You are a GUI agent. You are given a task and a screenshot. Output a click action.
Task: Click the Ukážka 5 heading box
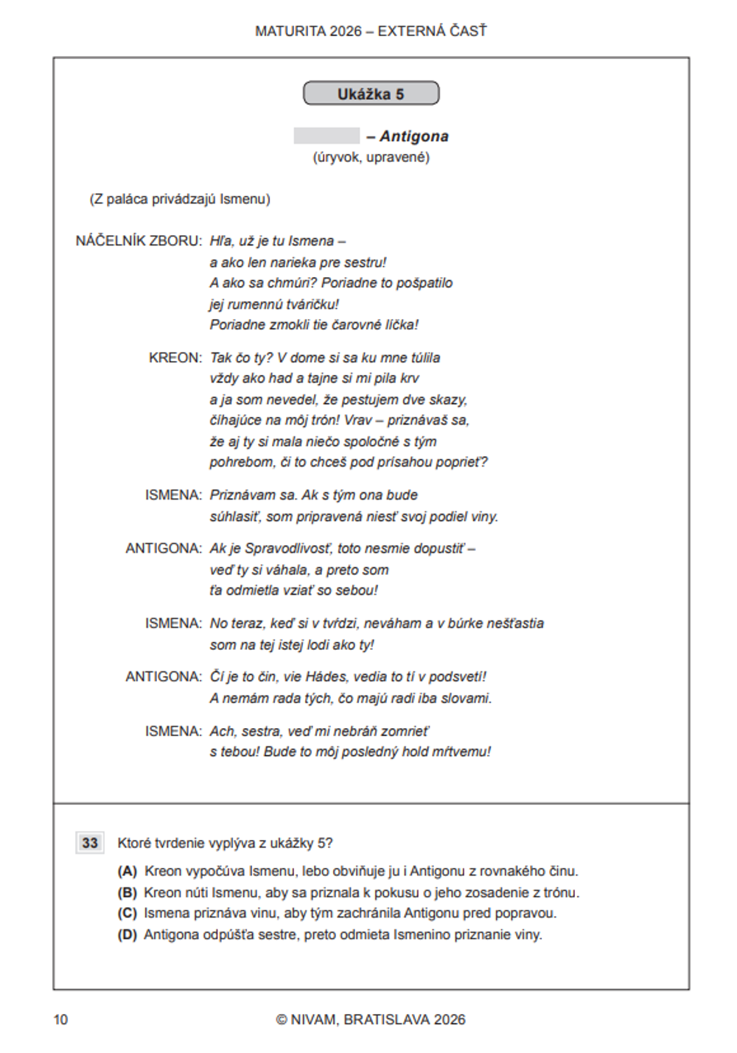(371, 94)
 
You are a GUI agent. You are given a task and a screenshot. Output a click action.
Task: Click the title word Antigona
(414, 136)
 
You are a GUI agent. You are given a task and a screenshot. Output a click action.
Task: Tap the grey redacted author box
(326, 136)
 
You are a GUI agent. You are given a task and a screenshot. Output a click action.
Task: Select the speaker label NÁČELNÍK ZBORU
(139, 241)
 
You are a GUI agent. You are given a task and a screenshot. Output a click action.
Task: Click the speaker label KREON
(175, 358)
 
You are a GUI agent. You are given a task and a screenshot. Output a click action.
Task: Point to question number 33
(90, 843)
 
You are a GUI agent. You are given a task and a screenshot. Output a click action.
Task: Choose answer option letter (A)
(128, 872)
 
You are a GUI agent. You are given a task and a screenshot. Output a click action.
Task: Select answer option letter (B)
(128, 893)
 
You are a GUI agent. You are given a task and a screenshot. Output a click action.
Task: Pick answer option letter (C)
(128, 914)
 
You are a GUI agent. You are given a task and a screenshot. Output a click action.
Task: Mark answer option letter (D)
(128, 935)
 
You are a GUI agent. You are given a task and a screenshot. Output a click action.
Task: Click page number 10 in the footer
(60, 1020)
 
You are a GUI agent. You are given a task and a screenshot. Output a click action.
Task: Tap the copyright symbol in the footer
(282, 1020)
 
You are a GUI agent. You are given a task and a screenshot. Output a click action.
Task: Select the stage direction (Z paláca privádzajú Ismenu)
(180, 199)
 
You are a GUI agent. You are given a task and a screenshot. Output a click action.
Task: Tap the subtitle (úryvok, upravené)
(371, 158)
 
